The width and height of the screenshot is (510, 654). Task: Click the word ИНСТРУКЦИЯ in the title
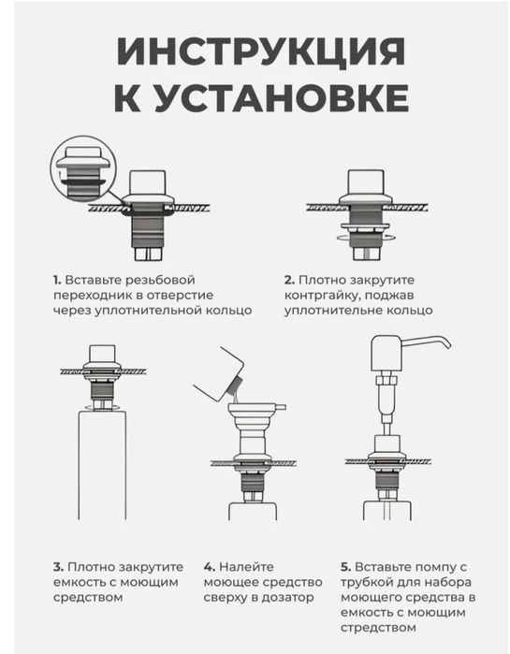pos(255,51)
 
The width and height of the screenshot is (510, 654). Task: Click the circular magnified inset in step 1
pos(81,171)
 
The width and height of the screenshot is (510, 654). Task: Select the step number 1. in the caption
pos(57,279)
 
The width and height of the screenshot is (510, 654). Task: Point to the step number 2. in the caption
pos(289,279)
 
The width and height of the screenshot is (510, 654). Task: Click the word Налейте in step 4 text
pos(245,567)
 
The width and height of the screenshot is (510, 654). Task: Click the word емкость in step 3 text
pos(80,582)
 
